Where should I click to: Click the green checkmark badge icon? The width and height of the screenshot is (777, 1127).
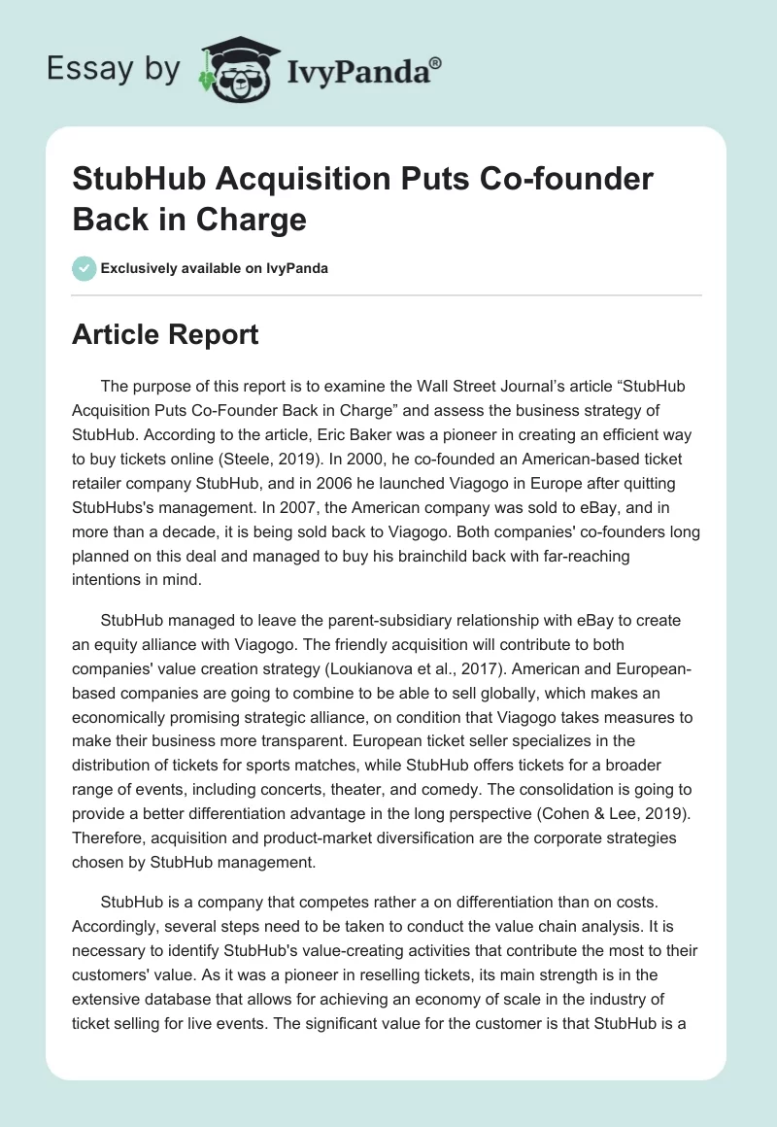(x=84, y=268)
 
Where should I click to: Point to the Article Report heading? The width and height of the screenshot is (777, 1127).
(x=165, y=335)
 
